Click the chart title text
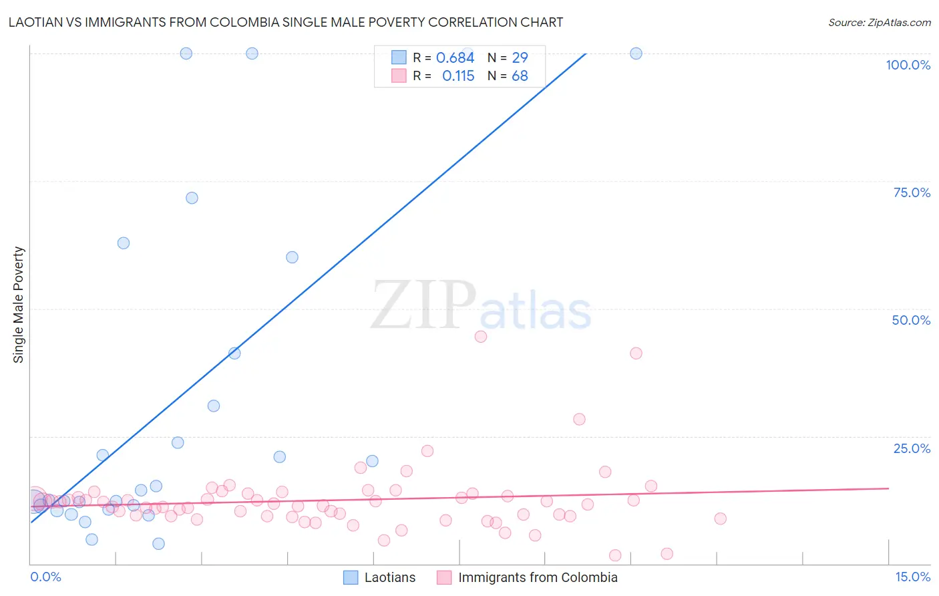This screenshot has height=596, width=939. click(286, 22)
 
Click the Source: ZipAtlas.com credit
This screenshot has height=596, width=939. click(879, 22)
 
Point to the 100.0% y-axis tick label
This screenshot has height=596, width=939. click(908, 65)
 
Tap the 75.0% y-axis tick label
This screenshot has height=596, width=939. click(912, 192)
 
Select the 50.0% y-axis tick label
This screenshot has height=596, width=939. click(911, 320)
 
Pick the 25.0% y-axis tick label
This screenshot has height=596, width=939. click(912, 448)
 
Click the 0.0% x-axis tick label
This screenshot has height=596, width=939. click(45, 577)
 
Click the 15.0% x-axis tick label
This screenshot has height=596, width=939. click(912, 577)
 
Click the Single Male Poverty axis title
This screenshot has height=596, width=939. click(19, 305)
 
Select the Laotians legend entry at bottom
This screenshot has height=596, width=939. click(389, 577)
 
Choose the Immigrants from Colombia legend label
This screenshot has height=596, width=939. click(538, 577)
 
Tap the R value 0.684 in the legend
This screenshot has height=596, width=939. click(455, 58)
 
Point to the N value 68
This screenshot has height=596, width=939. click(520, 76)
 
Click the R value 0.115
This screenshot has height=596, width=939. click(458, 76)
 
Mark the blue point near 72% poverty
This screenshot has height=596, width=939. click(192, 198)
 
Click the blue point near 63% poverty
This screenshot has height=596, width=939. click(124, 243)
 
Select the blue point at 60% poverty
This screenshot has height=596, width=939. click(292, 257)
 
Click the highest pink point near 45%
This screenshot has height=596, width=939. click(481, 337)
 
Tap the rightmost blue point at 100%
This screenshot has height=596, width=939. click(636, 53)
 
